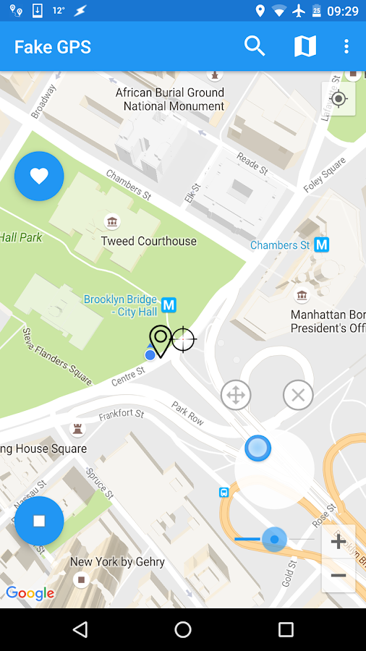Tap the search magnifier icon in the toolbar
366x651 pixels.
click(255, 46)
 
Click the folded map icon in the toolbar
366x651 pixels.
click(305, 46)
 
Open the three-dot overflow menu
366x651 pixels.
click(346, 46)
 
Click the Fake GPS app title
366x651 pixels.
click(53, 47)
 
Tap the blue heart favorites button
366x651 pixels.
click(39, 176)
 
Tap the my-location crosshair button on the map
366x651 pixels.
click(339, 99)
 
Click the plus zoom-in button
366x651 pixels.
click(339, 542)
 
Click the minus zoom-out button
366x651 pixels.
click(339, 576)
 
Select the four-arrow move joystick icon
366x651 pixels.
click(236, 395)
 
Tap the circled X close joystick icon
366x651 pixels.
click(298, 395)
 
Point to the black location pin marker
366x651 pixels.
click(161, 340)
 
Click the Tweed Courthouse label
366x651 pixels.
click(148, 241)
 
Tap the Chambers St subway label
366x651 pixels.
click(280, 245)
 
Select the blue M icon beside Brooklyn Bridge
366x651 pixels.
click(169, 305)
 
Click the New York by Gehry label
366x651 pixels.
click(117, 562)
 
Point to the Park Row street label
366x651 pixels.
click(188, 413)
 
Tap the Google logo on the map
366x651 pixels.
click(30, 594)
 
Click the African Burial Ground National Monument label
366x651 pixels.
click(170, 99)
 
